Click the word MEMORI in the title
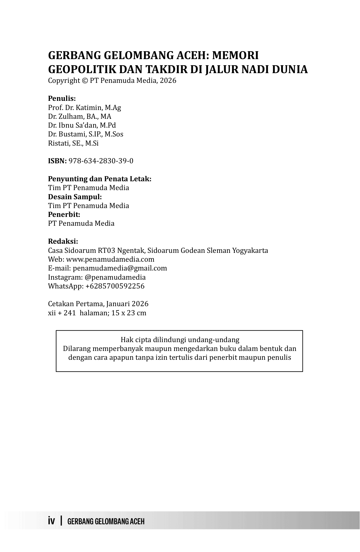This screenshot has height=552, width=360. pos(235,55)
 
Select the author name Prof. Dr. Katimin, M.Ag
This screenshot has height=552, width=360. pos(84,108)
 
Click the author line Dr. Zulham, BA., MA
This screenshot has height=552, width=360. pos(79,116)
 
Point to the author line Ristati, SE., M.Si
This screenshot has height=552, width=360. pos(73,143)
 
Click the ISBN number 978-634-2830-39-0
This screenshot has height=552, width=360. pos(101,161)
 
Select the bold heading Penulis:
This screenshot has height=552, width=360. pos(62,98)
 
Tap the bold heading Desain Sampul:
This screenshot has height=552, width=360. pos(75,196)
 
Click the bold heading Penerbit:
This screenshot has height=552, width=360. pos(64,214)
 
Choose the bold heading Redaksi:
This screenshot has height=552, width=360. pos(63,241)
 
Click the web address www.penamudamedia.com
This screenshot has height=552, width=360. pos(110,259)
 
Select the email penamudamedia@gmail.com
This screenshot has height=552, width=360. pos(120,268)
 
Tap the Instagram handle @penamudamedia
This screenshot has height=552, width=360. pos(115,277)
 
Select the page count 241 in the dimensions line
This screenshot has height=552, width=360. pos(69,313)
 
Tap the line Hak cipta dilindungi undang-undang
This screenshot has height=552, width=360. pos(180,340)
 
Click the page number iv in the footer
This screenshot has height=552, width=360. pos(51,521)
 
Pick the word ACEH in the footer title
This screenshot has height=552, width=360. pos(137,521)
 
